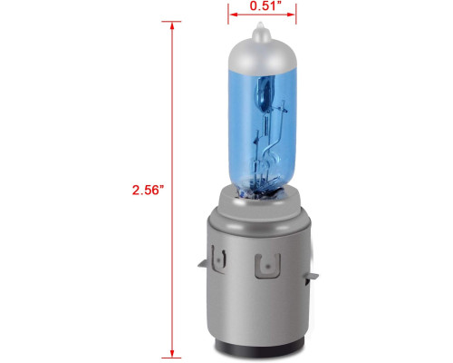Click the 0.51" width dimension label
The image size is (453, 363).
(264, 5)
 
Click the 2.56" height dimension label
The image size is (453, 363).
(148, 190)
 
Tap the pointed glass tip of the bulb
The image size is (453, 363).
(260, 28)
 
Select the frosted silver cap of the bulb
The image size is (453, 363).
(262, 52)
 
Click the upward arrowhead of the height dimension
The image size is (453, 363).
(172, 26)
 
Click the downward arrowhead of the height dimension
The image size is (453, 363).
(172, 353)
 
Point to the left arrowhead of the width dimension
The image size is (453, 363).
(233, 15)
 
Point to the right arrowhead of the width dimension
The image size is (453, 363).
(291, 15)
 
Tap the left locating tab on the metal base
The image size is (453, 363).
(203, 264)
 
